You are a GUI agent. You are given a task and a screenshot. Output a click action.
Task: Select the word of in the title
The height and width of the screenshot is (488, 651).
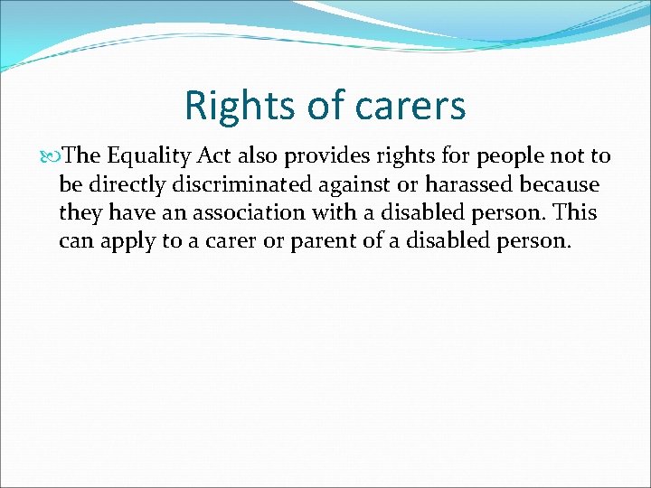[x=322, y=106]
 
